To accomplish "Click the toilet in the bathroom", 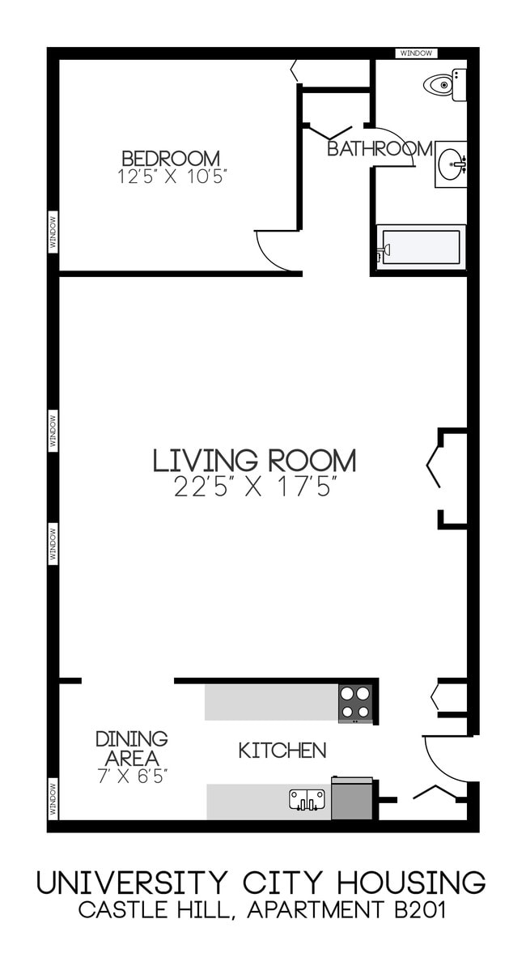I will [x=445, y=84].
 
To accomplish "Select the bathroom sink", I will [x=452, y=164].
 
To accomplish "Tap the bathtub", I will [x=421, y=247].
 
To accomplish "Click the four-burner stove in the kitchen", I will [x=355, y=703].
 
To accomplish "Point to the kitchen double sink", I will [x=307, y=800].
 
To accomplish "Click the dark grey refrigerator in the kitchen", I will [x=352, y=799].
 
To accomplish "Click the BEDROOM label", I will [x=171, y=158].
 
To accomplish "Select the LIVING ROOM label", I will [x=254, y=461].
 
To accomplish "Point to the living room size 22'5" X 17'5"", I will [x=255, y=487].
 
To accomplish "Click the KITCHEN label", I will [x=282, y=751].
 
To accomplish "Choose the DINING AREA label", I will [x=132, y=748].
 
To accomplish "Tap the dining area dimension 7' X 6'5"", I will [x=132, y=776].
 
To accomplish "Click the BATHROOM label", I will [x=380, y=149].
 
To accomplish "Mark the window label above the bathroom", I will [x=417, y=53].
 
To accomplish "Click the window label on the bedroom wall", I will [x=53, y=231].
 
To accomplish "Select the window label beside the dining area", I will [x=53, y=798].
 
